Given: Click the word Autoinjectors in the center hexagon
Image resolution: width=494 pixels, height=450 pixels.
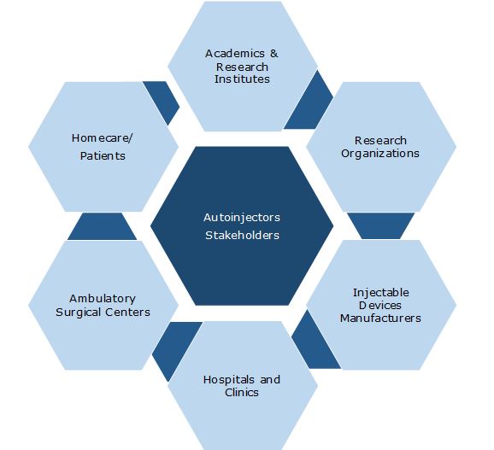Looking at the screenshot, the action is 242,218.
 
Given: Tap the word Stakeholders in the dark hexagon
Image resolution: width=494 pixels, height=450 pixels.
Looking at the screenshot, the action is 242,236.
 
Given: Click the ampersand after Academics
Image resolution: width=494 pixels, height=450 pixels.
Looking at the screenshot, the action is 273,54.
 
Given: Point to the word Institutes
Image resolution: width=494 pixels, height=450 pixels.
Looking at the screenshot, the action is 242,79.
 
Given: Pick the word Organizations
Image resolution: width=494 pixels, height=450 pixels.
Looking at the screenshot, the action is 380,154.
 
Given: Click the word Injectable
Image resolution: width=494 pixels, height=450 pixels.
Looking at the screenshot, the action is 381,293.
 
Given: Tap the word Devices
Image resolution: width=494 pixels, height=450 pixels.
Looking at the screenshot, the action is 380,305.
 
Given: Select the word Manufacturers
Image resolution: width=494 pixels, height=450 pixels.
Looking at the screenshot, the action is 380,319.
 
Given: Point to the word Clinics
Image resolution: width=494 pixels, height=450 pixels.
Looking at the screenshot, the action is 242,393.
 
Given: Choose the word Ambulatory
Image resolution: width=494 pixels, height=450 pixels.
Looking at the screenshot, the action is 103,299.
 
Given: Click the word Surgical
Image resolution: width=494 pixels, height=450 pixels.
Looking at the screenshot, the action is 79,313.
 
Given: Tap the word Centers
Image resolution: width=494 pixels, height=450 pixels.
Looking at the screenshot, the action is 127,313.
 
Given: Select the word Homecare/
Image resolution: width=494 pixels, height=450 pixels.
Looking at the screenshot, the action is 102,138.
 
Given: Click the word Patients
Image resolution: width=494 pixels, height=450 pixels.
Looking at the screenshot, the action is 103,155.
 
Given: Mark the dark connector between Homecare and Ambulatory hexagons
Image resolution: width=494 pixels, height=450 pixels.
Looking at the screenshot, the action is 102,226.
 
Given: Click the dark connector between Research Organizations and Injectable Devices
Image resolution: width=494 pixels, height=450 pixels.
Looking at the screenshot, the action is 380,225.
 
